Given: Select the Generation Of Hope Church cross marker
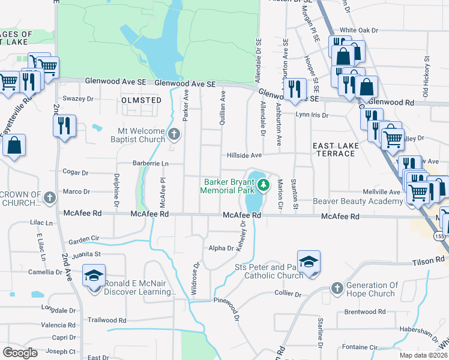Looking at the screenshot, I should click(x=336, y=287).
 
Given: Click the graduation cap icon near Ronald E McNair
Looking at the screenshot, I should click(x=94, y=275).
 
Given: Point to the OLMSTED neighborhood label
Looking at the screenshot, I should click(x=141, y=100).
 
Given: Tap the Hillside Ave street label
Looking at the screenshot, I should click(x=244, y=155).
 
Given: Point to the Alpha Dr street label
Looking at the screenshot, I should click(x=221, y=248).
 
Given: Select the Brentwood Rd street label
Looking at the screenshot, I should click(x=365, y=312).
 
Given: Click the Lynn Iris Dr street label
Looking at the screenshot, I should click(x=312, y=115).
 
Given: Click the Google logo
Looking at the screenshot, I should click(x=20, y=353).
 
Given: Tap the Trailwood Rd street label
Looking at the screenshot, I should click(x=106, y=320).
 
